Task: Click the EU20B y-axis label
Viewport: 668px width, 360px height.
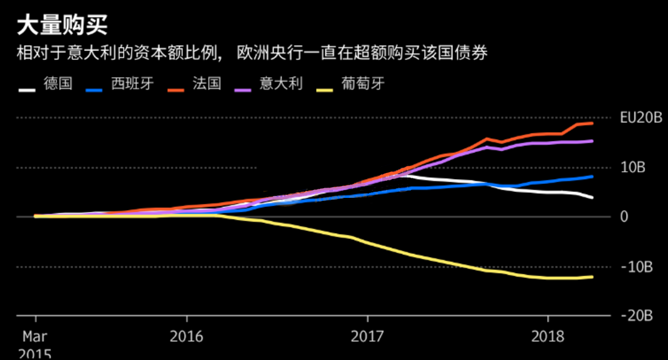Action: [x=641, y=118]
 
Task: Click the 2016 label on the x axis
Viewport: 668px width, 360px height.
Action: [x=186, y=336]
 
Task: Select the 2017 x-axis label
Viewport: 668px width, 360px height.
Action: [x=366, y=336]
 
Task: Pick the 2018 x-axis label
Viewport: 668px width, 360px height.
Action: [x=547, y=336]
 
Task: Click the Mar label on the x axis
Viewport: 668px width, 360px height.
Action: [x=35, y=336]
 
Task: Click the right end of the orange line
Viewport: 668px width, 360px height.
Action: [x=592, y=123]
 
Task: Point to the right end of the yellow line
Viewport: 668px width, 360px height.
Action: [x=592, y=277]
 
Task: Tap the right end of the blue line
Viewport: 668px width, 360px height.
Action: [x=592, y=177]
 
